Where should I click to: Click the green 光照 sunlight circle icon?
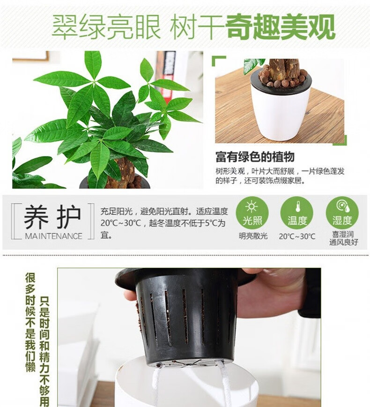click(x=252, y=213)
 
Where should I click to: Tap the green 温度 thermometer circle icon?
click(x=297, y=213)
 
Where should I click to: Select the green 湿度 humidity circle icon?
click(x=342, y=213)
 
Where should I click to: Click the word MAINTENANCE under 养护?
click(x=53, y=236)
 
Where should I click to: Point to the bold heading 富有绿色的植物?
click(x=255, y=157)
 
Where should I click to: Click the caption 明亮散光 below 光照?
click(x=253, y=236)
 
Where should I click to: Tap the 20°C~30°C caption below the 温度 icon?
click(x=297, y=236)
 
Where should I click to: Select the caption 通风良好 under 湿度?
click(x=344, y=242)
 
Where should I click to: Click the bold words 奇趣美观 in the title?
click(x=281, y=27)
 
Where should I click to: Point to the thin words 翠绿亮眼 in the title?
click(x=106, y=27)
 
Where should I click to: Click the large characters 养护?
click(x=52, y=217)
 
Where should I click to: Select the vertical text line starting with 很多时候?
click(x=30, y=322)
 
